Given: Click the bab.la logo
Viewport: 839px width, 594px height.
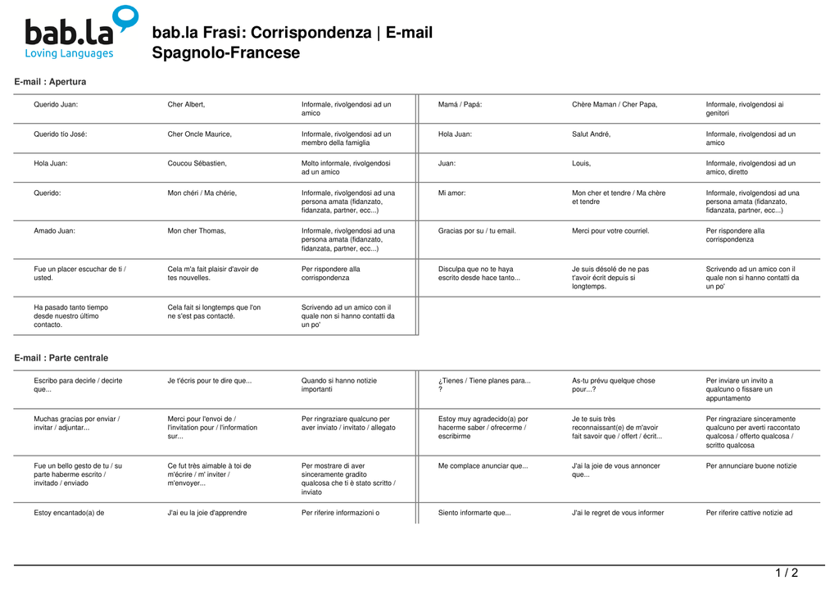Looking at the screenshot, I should (x=80, y=34).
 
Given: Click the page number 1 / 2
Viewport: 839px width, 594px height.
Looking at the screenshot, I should (x=787, y=573).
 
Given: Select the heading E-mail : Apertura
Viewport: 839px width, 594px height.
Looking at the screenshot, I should (x=50, y=82).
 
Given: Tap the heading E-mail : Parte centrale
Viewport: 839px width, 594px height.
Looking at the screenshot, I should (x=61, y=358).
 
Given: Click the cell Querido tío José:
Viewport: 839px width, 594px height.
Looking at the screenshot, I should (x=60, y=134).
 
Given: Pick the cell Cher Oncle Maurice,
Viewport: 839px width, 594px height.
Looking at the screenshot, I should (x=199, y=134).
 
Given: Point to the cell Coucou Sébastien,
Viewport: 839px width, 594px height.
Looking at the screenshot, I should (x=197, y=164).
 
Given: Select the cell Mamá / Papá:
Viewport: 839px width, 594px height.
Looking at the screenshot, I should (x=460, y=105).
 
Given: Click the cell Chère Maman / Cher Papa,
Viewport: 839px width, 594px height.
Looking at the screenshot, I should (x=615, y=105).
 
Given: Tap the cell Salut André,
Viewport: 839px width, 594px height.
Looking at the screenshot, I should (x=591, y=134).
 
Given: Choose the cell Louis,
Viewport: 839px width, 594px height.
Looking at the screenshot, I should (x=581, y=164).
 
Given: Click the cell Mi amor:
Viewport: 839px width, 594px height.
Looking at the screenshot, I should (x=451, y=193).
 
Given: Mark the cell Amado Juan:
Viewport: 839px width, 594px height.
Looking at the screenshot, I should (x=54, y=231).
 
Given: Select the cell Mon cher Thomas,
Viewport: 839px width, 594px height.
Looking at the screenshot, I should (x=197, y=231).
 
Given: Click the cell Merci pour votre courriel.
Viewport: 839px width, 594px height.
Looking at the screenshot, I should (x=610, y=231).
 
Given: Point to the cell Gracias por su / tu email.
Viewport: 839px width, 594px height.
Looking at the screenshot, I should (x=477, y=231).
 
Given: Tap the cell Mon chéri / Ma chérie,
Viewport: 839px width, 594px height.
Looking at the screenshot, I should (x=202, y=193).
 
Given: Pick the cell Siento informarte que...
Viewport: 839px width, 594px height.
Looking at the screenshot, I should (x=474, y=513).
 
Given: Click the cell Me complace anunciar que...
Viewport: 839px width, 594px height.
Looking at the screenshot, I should (x=483, y=466).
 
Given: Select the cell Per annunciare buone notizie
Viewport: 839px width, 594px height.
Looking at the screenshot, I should (x=751, y=466).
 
